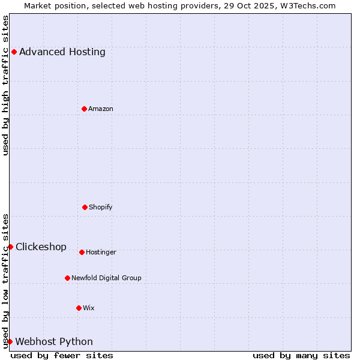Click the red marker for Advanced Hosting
coord(14,52)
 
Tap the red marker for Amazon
coord(84,109)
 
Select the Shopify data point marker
coord(85,207)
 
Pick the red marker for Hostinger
coord(82,252)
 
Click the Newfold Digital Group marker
coord(67,278)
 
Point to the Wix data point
coord(79,308)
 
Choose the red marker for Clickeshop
coord(10,247)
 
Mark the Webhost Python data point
coord(10,341)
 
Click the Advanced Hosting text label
coord(62,52)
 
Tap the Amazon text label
coord(100,109)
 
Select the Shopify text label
coord(100,207)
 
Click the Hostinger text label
coord(101,252)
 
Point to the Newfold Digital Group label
coord(106,278)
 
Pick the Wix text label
coord(88,308)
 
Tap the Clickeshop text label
coord(41,247)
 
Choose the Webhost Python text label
coord(54,341)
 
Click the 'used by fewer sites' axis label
coord(62,355)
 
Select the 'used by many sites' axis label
coord(301,355)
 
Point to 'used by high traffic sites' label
coord(5,85)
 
